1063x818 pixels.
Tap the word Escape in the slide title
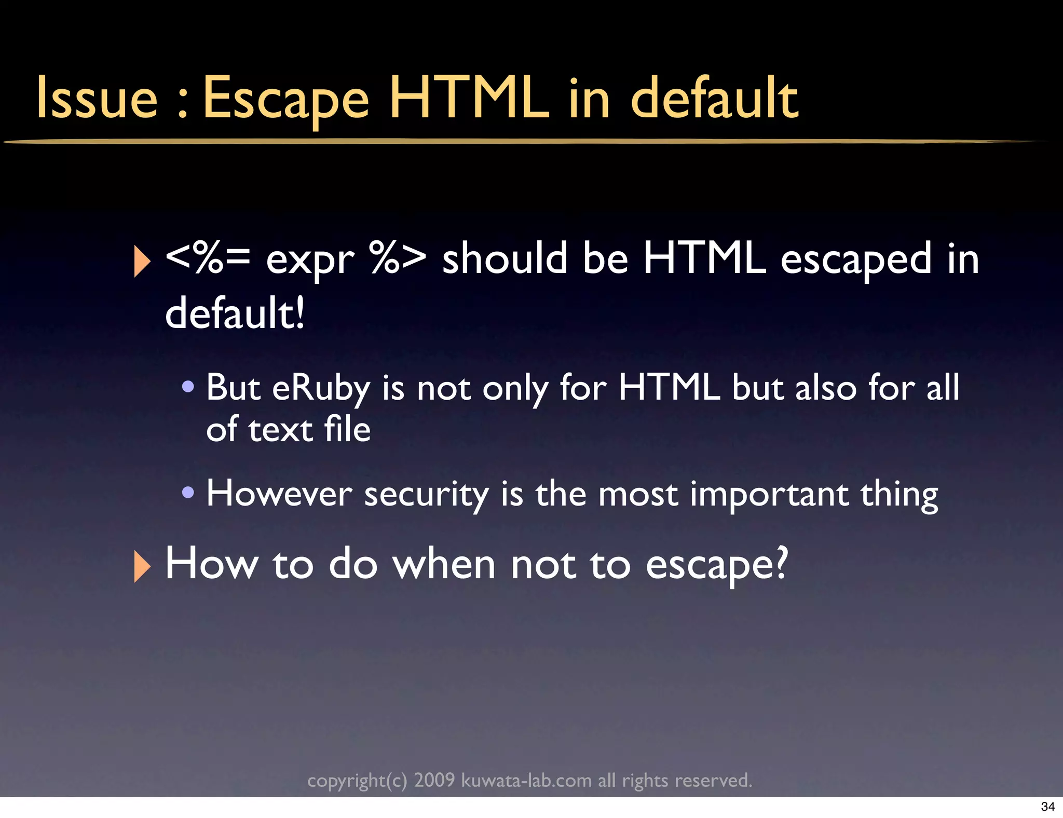[x=286, y=99]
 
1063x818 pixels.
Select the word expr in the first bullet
[x=310, y=260]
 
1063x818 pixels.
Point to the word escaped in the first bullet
[x=856, y=260]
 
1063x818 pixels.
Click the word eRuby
[x=321, y=388]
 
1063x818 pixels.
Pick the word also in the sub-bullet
[x=826, y=387]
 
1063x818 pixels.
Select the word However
[x=279, y=493]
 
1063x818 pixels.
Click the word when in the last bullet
[x=444, y=564]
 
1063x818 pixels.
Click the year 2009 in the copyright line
[x=434, y=780]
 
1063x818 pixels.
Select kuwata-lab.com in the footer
[x=526, y=780]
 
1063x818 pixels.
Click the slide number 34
[x=1047, y=807]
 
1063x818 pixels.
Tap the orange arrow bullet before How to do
[x=142, y=566]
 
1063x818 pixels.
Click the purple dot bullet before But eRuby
[x=188, y=386]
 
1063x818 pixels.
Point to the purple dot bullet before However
[x=188, y=492]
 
